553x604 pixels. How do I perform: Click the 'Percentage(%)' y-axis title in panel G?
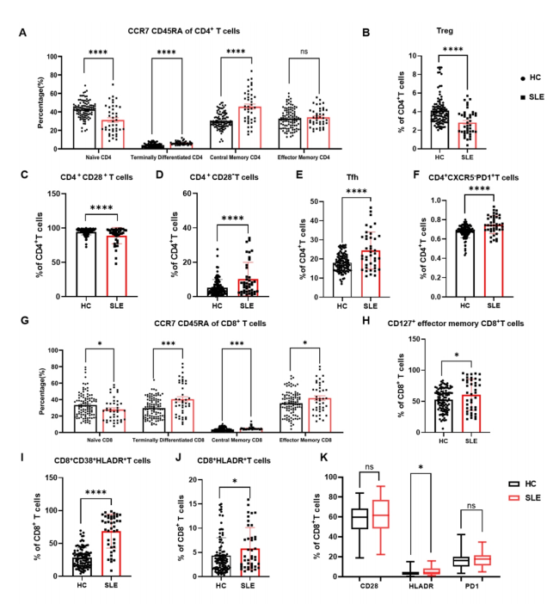(x=40, y=375)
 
